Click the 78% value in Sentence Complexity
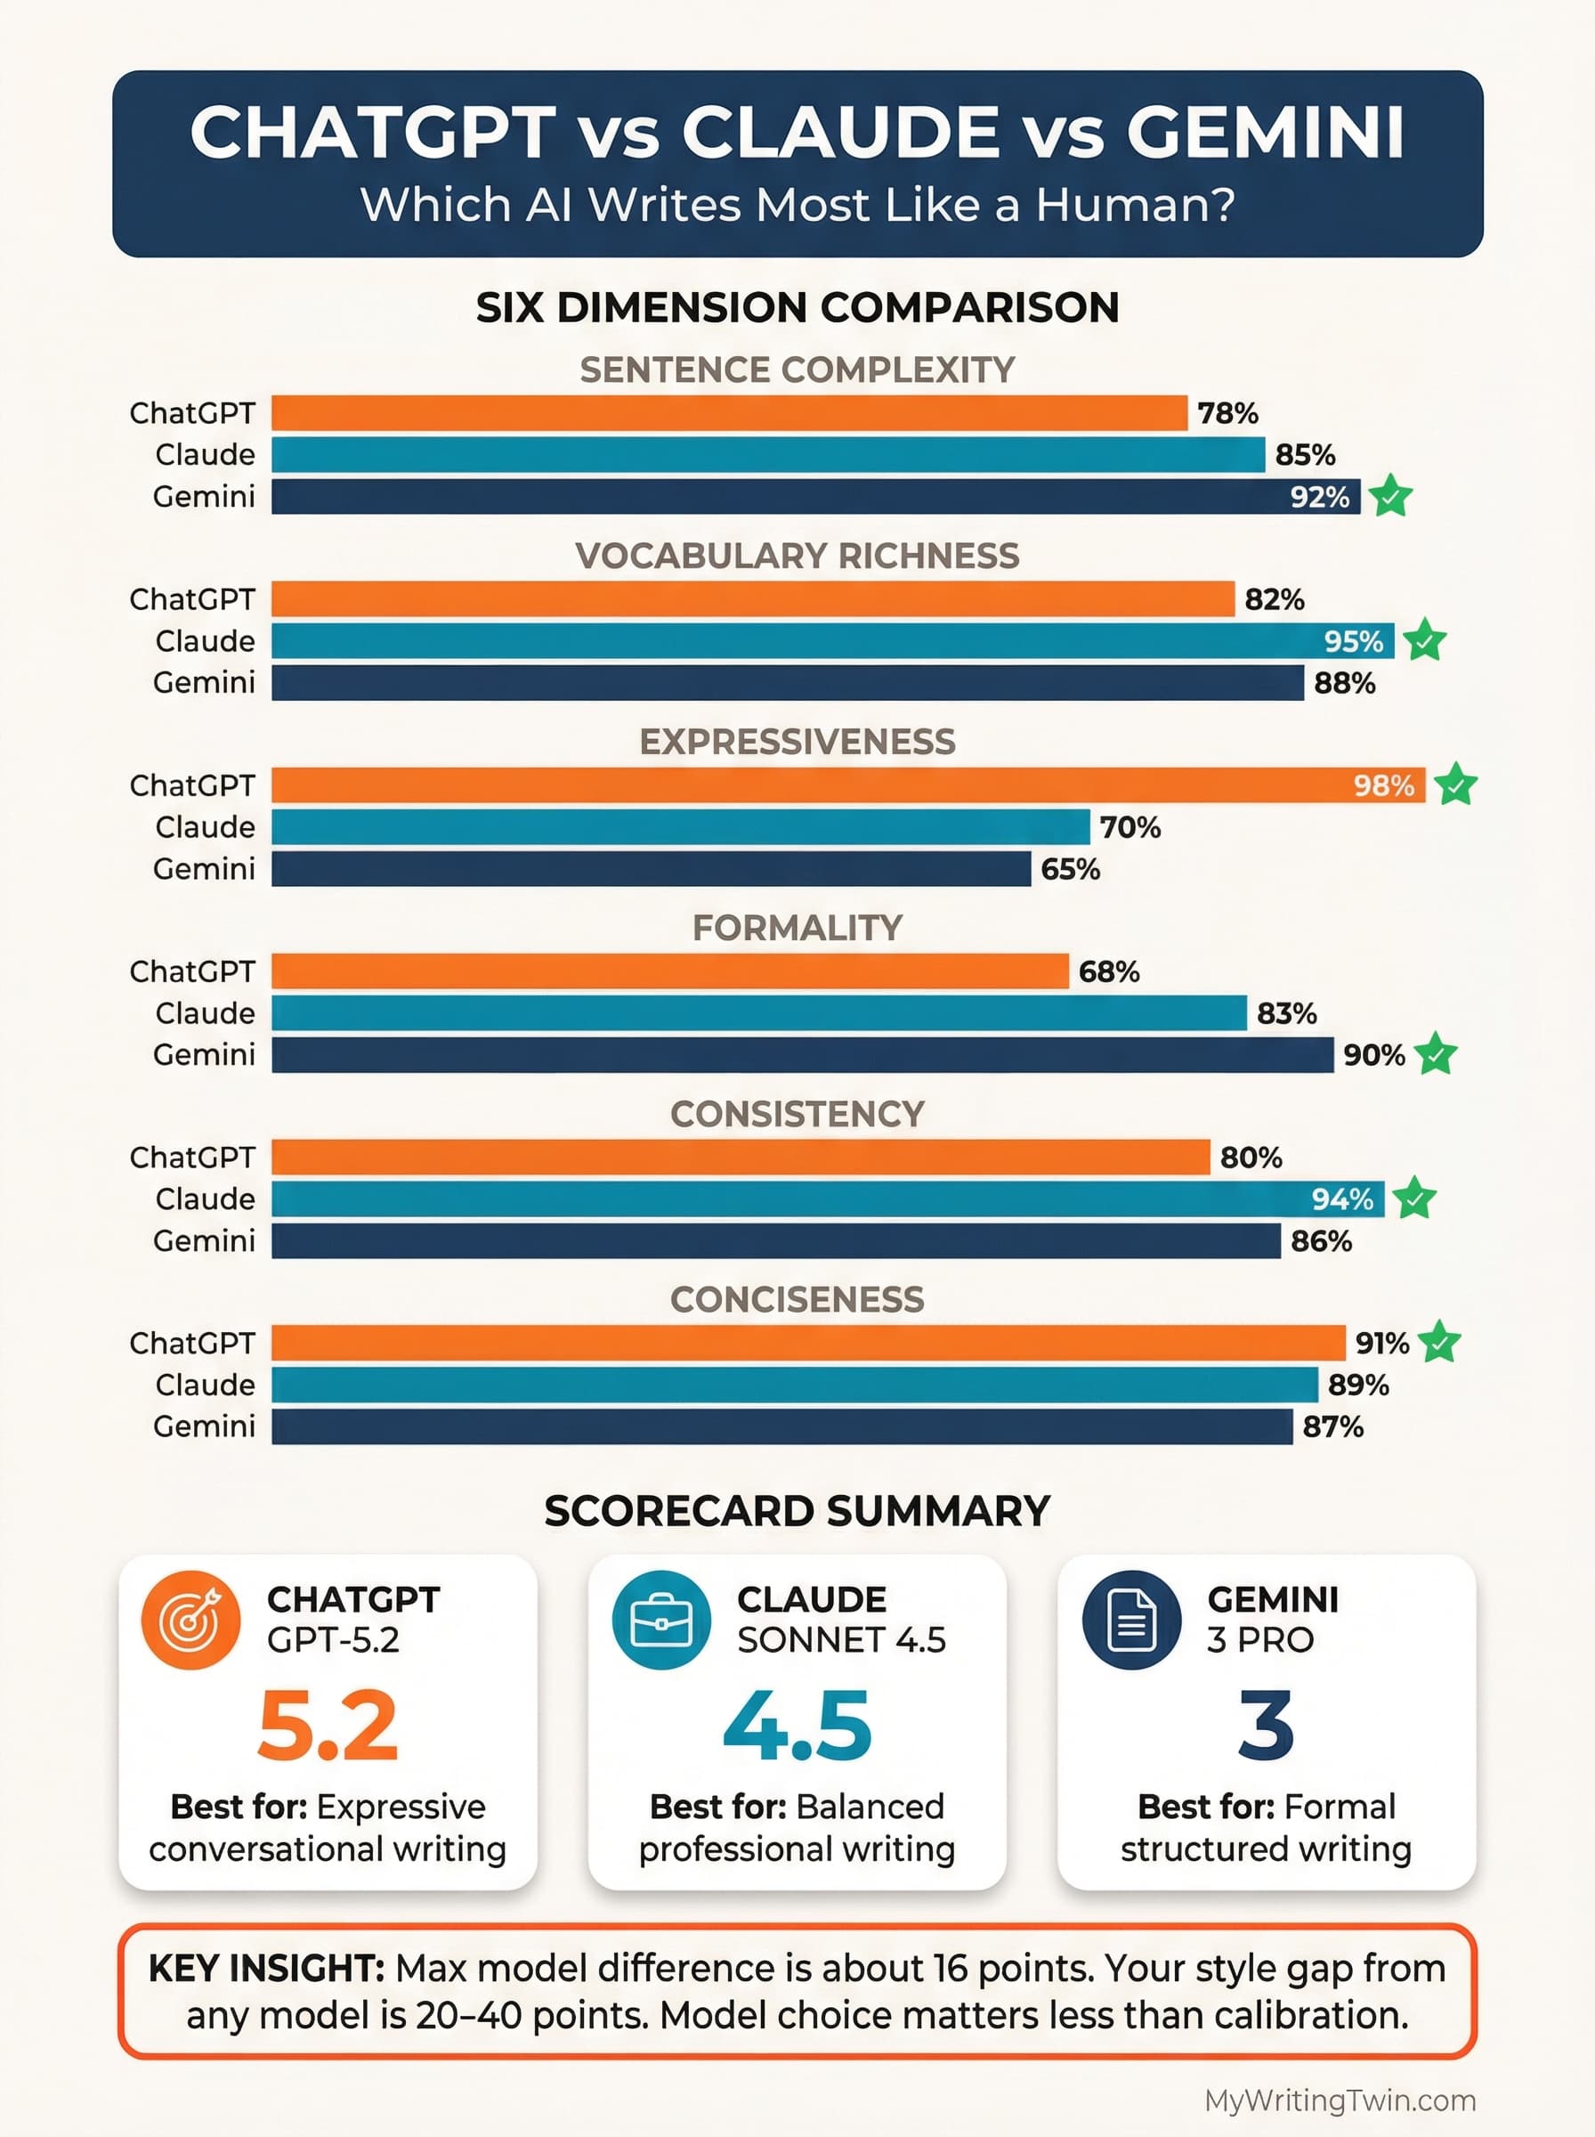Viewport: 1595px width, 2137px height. (x=1227, y=413)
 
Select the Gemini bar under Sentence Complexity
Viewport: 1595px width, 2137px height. (x=815, y=496)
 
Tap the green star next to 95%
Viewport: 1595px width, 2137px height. (x=1424, y=640)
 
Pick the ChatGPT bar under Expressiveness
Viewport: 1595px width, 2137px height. (x=847, y=785)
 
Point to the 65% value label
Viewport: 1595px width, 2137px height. (x=1070, y=869)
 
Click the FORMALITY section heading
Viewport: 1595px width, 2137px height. (x=797, y=928)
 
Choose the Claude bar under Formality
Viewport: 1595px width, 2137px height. (x=759, y=1013)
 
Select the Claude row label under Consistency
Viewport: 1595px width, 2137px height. (x=205, y=1199)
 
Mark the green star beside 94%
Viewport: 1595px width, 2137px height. (x=1414, y=1199)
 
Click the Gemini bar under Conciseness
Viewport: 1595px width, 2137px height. (x=782, y=1426)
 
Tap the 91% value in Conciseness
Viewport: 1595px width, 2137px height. (x=1380, y=1344)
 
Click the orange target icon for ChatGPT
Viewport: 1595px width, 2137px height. (x=190, y=1621)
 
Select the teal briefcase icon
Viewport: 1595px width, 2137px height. (x=661, y=1621)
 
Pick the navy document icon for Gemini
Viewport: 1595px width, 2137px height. (x=1131, y=1621)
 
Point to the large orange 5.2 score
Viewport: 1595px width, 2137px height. (x=328, y=1727)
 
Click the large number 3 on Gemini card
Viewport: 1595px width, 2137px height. (x=1266, y=1727)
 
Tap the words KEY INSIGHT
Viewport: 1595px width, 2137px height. (x=266, y=1968)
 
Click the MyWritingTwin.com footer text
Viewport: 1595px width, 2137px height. (x=1340, y=2100)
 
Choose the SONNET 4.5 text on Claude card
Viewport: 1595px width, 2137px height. (x=841, y=1639)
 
